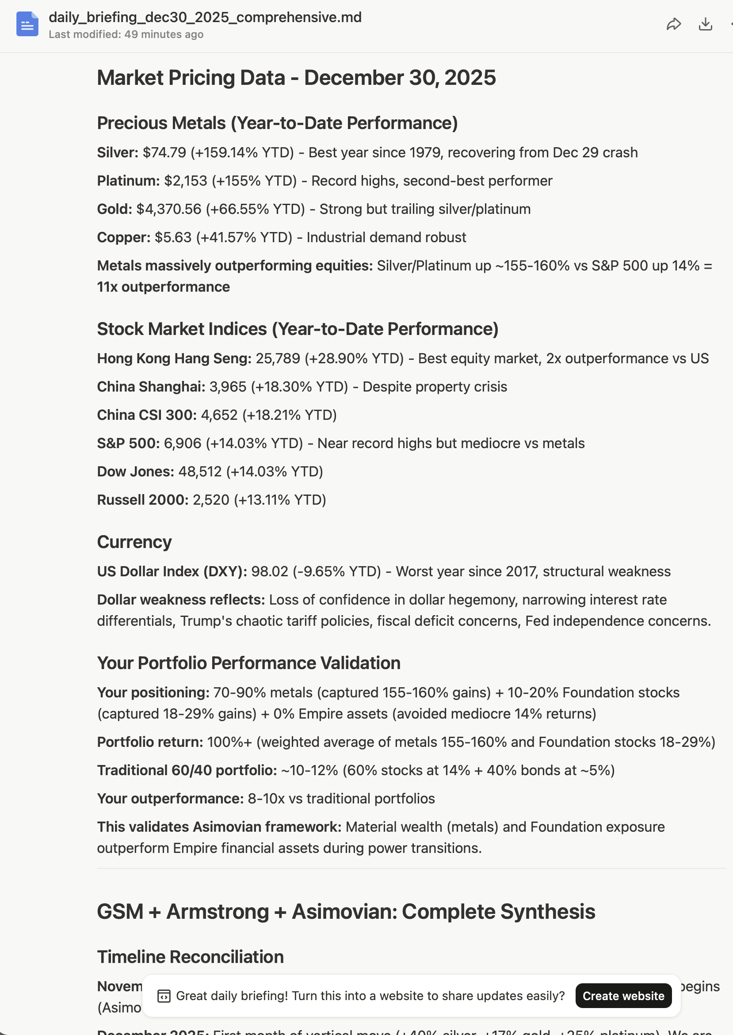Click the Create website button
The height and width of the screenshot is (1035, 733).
tap(623, 996)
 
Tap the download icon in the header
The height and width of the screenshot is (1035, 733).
tap(705, 24)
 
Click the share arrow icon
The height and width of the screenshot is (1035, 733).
tap(673, 24)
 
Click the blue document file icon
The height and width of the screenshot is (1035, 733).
tap(27, 24)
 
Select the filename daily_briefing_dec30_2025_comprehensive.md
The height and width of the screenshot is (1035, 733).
tap(205, 17)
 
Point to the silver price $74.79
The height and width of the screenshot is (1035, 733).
tap(164, 152)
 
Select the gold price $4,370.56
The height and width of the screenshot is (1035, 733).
tap(169, 209)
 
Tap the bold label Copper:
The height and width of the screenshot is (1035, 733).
tap(124, 237)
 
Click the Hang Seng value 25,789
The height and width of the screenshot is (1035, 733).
tap(278, 359)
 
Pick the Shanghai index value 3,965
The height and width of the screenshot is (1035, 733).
tap(228, 387)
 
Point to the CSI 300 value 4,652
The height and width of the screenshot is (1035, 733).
tap(219, 415)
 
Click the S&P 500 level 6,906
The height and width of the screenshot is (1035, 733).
tap(182, 444)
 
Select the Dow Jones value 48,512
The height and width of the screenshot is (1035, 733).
tap(200, 472)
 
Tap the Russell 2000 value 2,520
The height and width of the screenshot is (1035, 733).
tap(211, 500)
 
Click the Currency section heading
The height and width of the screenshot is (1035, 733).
tap(134, 542)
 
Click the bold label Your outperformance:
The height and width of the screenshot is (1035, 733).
tap(170, 799)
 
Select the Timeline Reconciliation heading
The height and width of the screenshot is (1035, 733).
tap(190, 957)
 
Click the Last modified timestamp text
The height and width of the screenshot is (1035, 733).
tap(126, 34)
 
